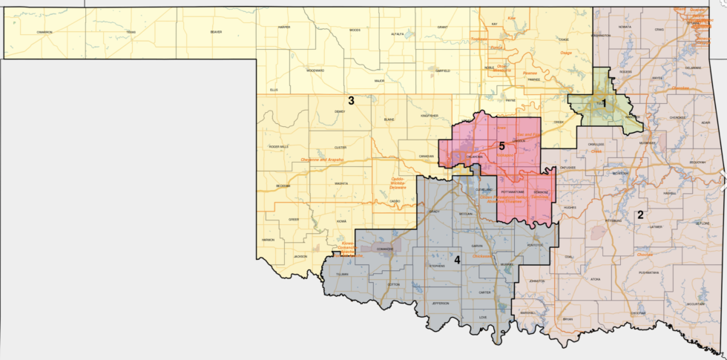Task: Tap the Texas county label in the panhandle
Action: click(131, 32)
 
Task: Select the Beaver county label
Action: click(216, 32)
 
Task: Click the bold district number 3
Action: click(351, 100)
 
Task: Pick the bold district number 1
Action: click(603, 103)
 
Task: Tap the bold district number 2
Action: click(640, 215)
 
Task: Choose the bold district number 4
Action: click(457, 260)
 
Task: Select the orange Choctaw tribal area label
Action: click(643, 254)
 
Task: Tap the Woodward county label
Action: click(315, 71)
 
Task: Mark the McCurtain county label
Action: click(694, 304)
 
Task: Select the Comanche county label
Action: click(380, 249)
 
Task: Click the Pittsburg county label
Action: click(613, 220)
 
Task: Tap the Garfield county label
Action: click(441, 71)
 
